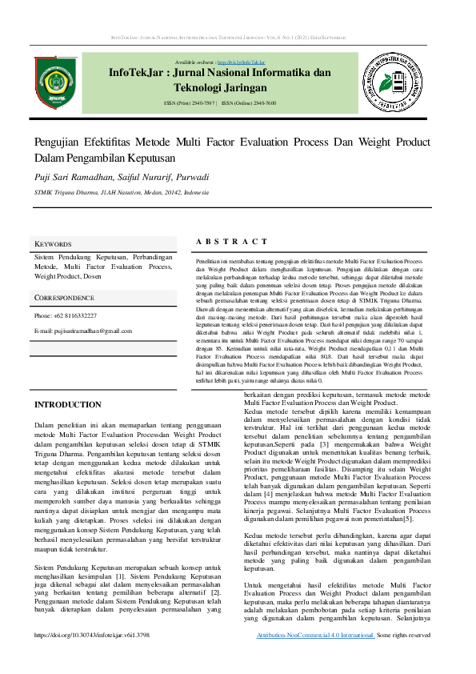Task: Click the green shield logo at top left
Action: (x=57, y=82)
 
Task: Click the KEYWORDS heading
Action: (x=53, y=243)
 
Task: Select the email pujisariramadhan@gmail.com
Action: (x=83, y=331)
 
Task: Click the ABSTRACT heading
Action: (x=231, y=242)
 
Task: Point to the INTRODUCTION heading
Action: (x=67, y=405)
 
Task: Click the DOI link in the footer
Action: (x=92, y=635)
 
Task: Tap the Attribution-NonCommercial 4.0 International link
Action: (x=316, y=635)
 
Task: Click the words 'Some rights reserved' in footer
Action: (x=404, y=635)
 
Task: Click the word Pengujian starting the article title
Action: (x=57, y=142)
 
